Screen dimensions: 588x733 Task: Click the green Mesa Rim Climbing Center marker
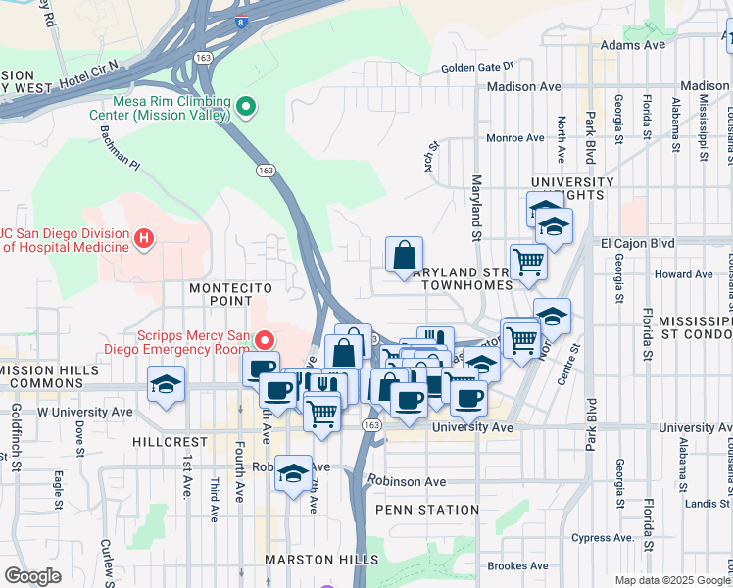246,106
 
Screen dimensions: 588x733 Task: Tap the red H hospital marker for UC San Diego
145,238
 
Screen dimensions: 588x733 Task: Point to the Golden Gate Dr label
477,67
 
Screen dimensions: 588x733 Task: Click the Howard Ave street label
683,274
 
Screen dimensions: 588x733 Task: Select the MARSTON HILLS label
321,560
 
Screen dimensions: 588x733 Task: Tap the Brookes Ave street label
518,565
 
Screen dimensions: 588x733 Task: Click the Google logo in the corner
32,576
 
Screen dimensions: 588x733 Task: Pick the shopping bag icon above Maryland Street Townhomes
404,256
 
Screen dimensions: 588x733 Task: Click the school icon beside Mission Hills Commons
166,384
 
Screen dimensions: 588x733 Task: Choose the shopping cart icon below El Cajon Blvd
528,264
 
